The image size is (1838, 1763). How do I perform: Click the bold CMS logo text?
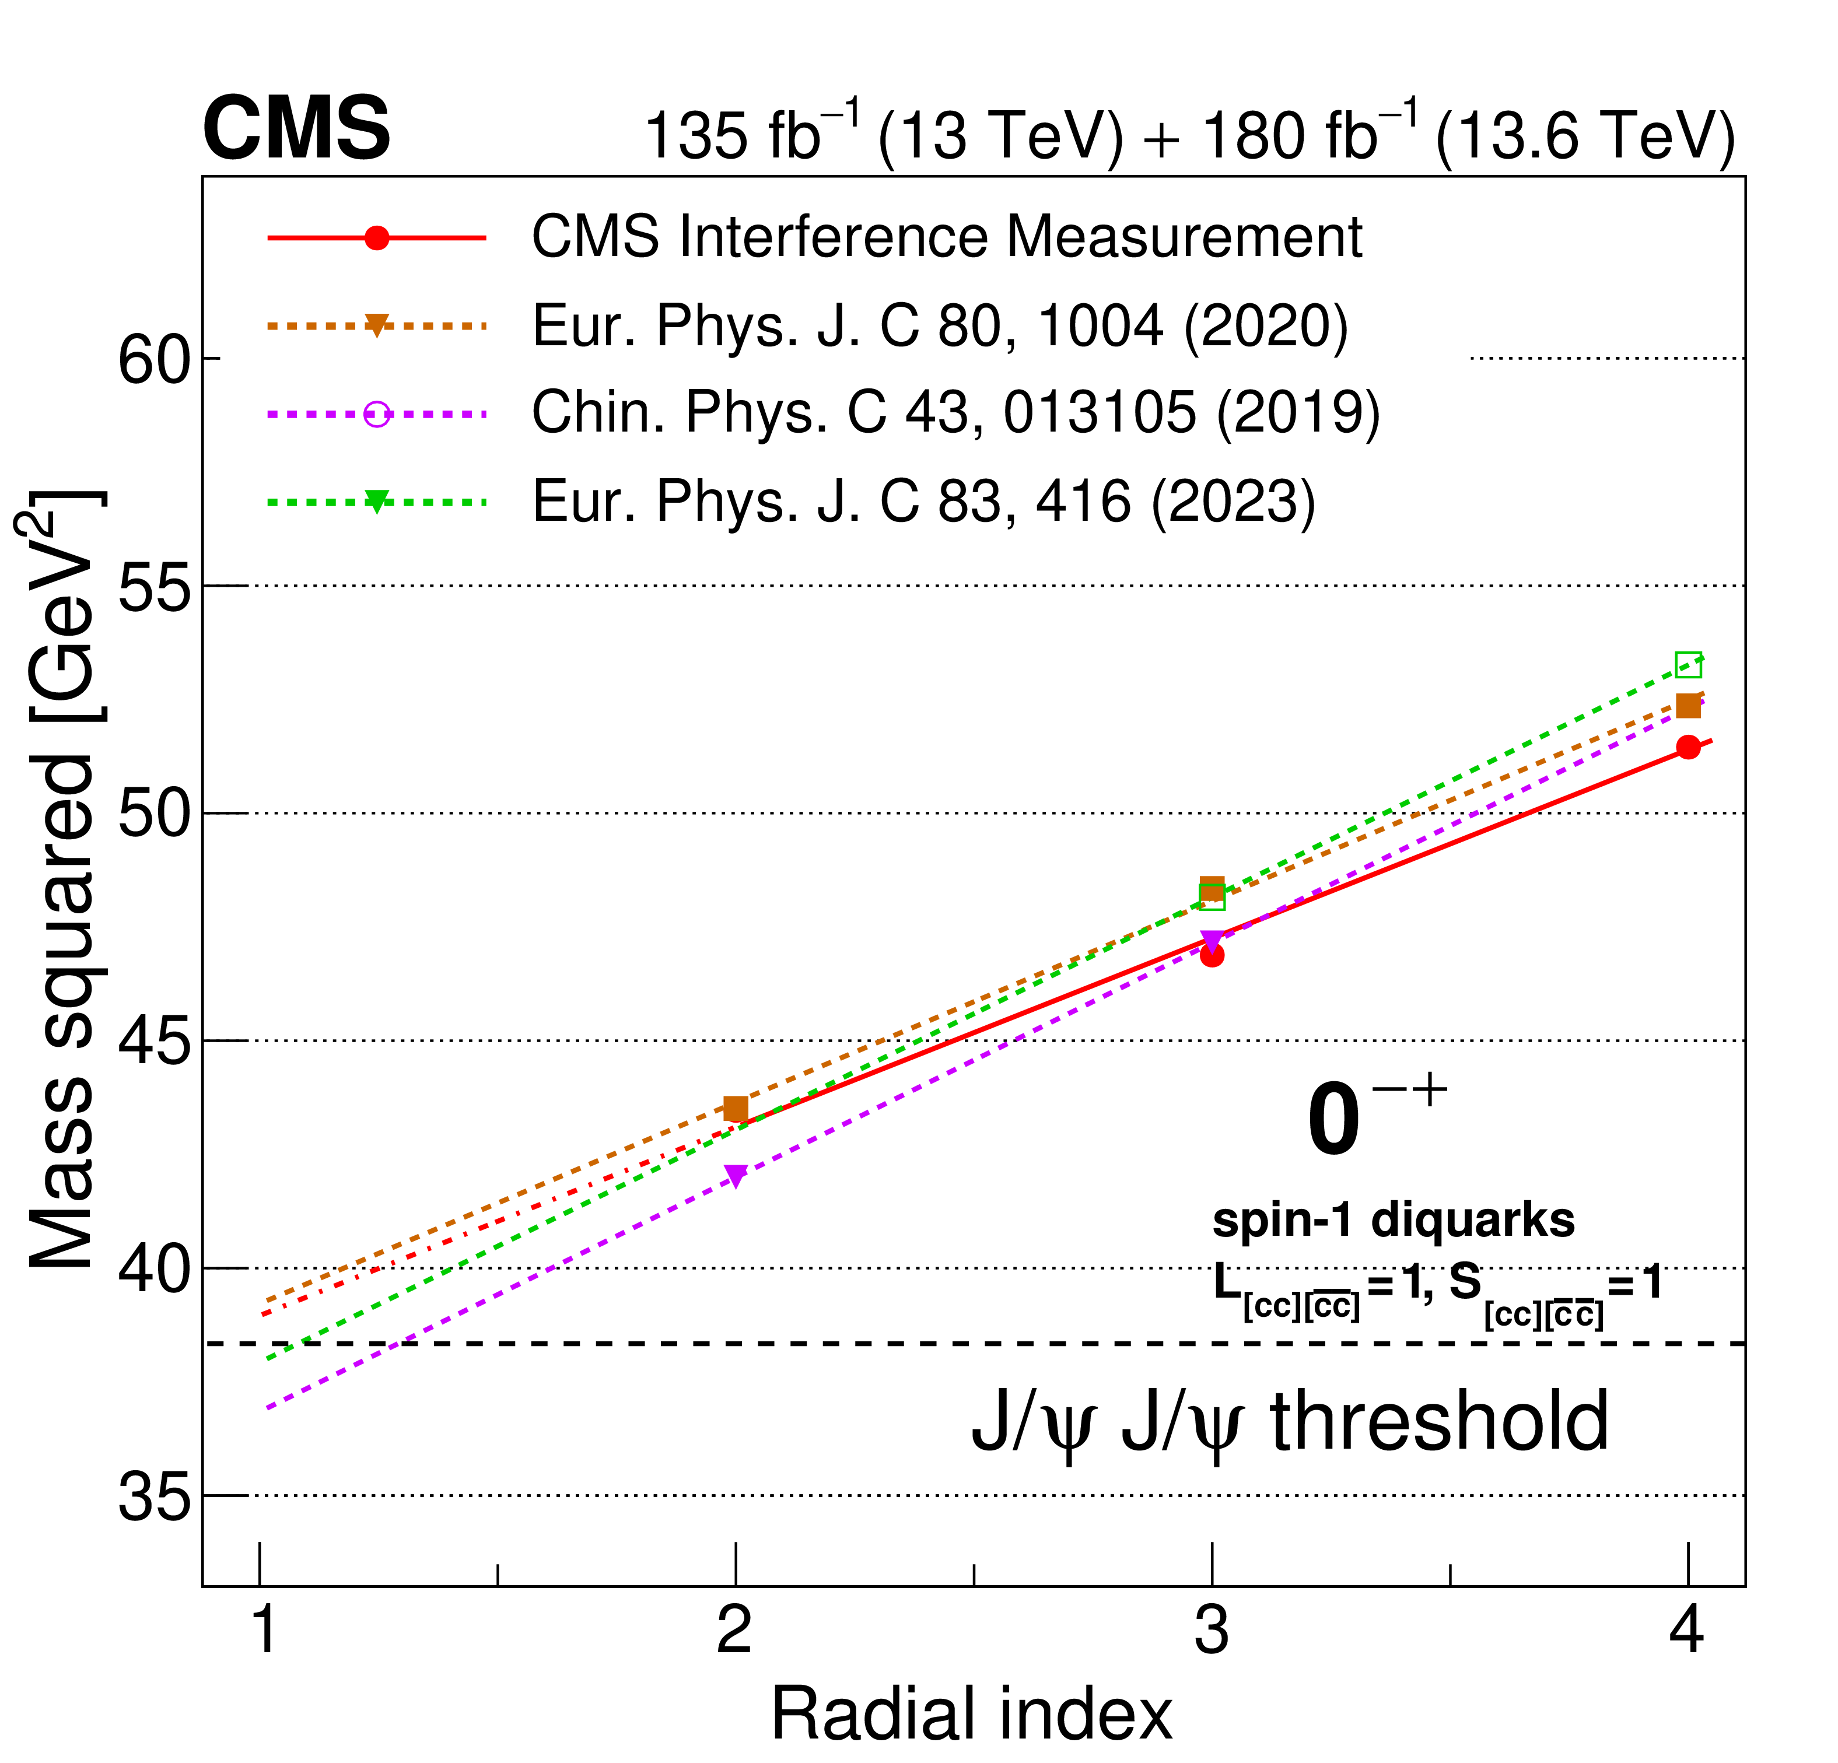tap(296, 129)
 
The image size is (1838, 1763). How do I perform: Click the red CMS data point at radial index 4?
tap(1688, 748)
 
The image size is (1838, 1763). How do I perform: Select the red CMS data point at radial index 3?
tap(1212, 956)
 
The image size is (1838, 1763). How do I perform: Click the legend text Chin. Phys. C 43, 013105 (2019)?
tap(955, 413)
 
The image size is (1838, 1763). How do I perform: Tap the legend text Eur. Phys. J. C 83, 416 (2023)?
tap(924, 501)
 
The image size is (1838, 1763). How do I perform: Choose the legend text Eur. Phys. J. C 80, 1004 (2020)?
tap(940, 327)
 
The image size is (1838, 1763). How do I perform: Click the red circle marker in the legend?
tap(377, 238)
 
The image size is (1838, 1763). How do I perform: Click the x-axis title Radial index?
tap(972, 1714)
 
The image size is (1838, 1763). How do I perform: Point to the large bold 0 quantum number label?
tap(1332, 1121)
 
